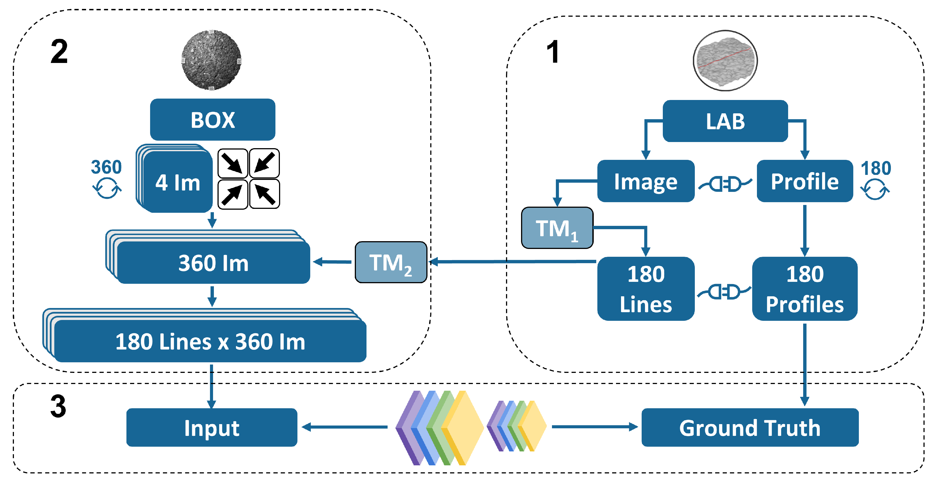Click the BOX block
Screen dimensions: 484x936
tap(212, 119)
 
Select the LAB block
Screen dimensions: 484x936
tap(725, 121)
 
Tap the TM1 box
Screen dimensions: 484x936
tap(557, 228)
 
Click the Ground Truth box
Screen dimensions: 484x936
tap(750, 427)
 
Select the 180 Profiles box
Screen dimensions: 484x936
tap(805, 289)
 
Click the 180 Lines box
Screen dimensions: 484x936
tap(646, 289)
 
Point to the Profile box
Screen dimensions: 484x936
tap(805, 181)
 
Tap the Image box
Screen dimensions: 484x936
tap(646, 181)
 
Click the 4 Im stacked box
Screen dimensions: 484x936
tap(177, 182)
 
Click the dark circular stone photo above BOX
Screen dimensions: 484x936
tap(211, 60)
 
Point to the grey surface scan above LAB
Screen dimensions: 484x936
tap(725, 61)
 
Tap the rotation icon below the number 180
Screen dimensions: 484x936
tap(875, 189)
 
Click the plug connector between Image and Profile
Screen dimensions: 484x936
tap(725, 184)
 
